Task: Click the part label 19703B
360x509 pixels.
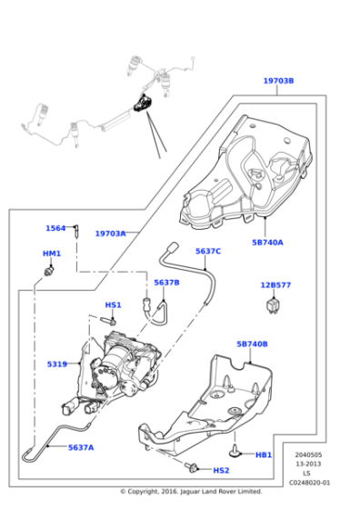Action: pyautogui.click(x=278, y=81)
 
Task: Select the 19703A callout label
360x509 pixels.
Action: pyautogui.click(x=111, y=234)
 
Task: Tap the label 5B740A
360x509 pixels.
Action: pyautogui.click(x=267, y=243)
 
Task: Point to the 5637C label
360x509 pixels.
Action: pyautogui.click(x=208, y=251)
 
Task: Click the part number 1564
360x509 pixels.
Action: pyautogui.click(x=55, y=228)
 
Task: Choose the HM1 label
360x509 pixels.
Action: pyautogui.click(x=52, y=254)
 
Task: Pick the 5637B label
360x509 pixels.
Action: pyautogui.click(x=166, y=283)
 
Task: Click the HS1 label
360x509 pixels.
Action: pyautogui.click(x=113, y=305)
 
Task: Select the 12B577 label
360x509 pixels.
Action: pyautogui.click(x=275, y=285)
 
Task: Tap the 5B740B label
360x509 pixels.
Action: pyautogui.click(x=253, y=344)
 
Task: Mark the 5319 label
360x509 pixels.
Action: pyautogui.click(x=57, y=364)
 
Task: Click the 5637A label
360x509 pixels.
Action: pyautogui.click(x=81, y=447)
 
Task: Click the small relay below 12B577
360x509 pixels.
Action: pyautogui.click(x=275, y=304)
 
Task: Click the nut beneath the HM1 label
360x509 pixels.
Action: pyautogui.click(x=51, y=270)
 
